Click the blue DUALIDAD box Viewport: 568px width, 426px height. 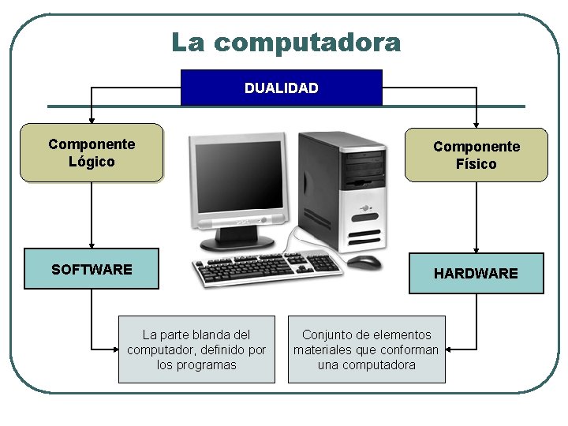point(282,88)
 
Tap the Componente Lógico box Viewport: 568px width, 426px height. point(92,153)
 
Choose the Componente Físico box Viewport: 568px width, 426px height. point(476,155)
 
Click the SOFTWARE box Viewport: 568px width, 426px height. point(92,269)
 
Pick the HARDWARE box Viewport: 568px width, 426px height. point(476,273)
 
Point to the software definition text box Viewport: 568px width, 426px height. point(196,349)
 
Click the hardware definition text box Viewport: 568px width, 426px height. point(366,349)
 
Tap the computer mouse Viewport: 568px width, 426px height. point(364,261)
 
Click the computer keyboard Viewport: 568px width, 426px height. point(268,268)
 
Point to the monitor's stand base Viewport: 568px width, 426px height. point(237,241)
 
